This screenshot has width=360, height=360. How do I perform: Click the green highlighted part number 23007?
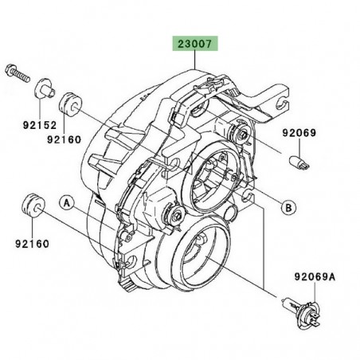click(x=194, y=46)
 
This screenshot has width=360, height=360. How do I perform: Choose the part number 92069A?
click(x=313, y=278)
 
